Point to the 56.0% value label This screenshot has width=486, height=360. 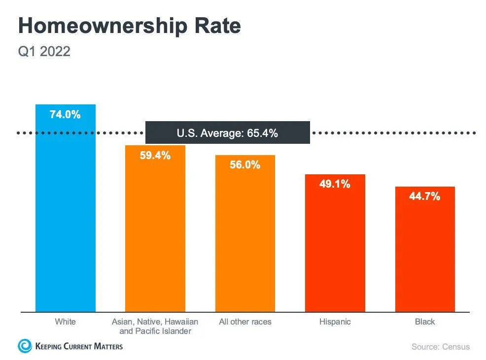[x=245, y=165]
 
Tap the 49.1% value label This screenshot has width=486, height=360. [x=335, y=184]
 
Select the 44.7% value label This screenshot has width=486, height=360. [x=424, y=196]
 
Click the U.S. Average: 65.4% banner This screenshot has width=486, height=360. [x=227, y=132]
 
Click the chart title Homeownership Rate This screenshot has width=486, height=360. [x=129, y=26]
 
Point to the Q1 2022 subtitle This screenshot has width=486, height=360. [x=44, y=51]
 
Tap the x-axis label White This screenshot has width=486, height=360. [x=66, y=322]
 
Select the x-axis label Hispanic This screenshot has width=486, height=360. [x=335, y=322]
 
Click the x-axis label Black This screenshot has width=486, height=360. [x=424, y=322]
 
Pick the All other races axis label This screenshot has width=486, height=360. [x=245, y=322]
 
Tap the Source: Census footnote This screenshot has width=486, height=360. [x=441, y=347]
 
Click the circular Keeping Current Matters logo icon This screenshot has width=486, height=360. [x=25, y=346]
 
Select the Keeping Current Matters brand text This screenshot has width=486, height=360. [x=79, y=346]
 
